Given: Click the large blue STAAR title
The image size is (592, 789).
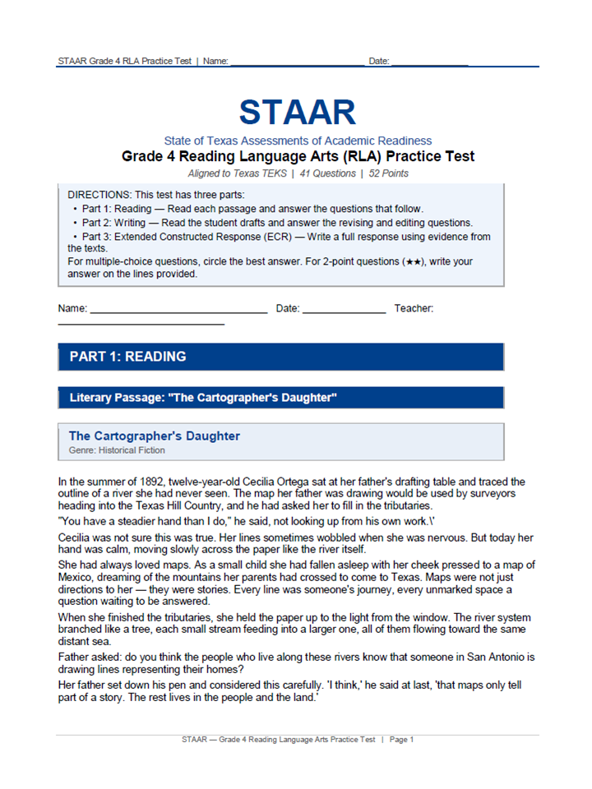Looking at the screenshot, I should pos(297,113).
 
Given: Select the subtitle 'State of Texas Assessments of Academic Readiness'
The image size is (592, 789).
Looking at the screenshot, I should pos(297,141).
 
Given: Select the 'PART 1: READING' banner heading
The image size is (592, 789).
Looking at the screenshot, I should pos(127,357).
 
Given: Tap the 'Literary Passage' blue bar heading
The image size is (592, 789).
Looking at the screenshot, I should pos(203,398).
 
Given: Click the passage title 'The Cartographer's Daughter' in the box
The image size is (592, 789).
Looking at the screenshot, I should pos(155,436).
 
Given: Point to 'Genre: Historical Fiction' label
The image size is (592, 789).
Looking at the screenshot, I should pos(117,450).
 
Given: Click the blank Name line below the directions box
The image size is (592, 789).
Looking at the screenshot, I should pos(178,312).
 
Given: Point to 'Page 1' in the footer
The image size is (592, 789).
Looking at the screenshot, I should pos(401,740).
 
